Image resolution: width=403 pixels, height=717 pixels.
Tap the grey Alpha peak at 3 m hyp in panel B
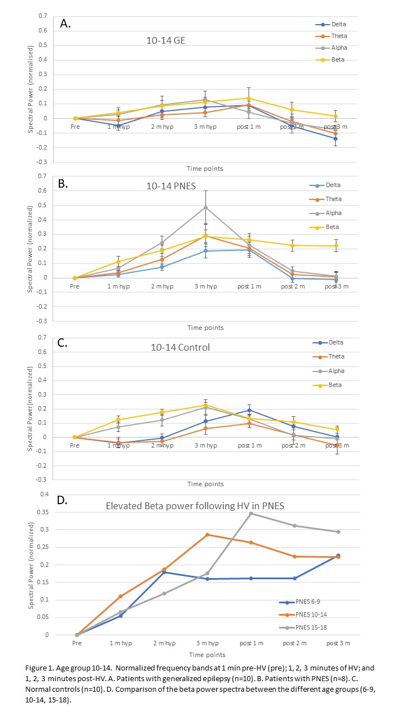pyautogui.click(x=206, y=207)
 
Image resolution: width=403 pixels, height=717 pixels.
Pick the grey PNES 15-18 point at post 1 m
pyautogui.click(x=250, y=513)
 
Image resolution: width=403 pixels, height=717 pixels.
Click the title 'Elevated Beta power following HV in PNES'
pyautogui.click(x=195, y=506)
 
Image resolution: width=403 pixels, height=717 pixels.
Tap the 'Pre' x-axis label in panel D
pyautogui.click(x=77, y=643)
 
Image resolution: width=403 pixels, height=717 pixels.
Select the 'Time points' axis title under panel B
pyautogui.click(x=205, y=328)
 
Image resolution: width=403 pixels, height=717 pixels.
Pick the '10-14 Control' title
pyautogui.click(x=180, y=347)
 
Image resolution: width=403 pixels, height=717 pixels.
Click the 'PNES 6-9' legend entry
pyautogui.click(x=305, y=602)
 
